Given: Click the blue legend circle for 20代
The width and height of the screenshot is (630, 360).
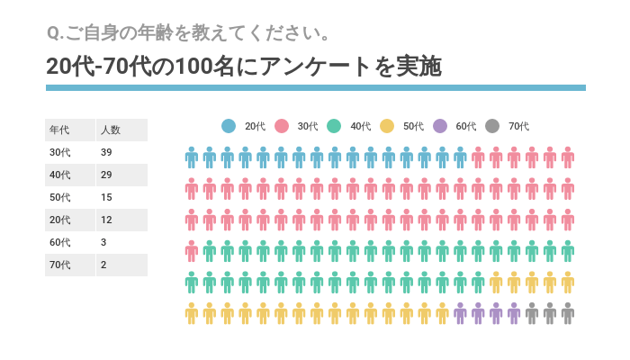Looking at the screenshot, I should coord(229,127).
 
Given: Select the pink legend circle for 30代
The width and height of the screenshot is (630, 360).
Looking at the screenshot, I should coord(281,127).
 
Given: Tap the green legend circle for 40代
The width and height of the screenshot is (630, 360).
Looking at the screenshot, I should coord(334,127).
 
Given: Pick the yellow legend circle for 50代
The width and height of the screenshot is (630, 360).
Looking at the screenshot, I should coord(387,127).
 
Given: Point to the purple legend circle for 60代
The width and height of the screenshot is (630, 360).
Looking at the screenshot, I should coord(440,127).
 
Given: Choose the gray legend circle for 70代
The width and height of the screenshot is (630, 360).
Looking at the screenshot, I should coord(492,127).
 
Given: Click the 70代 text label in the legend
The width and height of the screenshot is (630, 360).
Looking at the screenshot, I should coord(519,127).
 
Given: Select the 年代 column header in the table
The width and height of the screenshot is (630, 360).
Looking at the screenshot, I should coord(59,130).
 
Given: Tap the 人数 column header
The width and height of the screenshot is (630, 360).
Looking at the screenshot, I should coord(111,130).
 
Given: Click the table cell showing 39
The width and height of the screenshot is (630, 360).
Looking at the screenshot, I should coord(107,153).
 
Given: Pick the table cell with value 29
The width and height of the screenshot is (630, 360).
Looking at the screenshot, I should coord(107,175).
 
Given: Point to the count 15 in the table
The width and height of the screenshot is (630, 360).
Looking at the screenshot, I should coord(107,198).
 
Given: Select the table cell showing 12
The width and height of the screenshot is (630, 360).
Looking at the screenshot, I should coord(107,220).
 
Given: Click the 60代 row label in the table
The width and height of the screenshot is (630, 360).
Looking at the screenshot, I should coord(60,243).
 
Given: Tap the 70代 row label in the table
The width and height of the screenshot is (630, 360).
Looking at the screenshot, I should coord(60,265).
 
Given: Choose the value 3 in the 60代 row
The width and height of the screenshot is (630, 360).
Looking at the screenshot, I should coord(104,243).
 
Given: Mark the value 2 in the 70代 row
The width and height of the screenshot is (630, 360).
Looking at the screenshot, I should coord(104,265).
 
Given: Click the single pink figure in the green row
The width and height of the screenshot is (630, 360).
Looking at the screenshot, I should coord(192,251).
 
